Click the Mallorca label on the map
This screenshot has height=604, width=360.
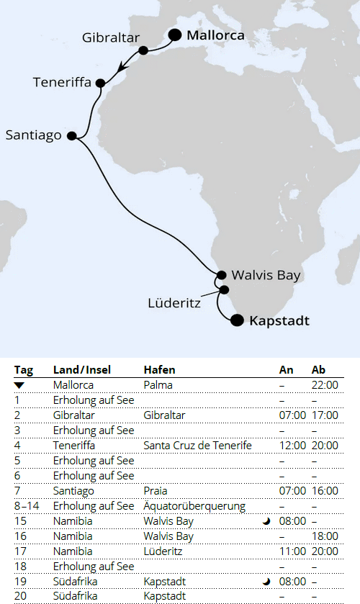[215, 35]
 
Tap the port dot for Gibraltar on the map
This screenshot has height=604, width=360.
[143, 50]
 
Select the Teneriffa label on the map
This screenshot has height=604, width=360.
[62, 82]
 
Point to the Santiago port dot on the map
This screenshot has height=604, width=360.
[71, 135]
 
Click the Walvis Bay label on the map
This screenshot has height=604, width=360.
[266, 275]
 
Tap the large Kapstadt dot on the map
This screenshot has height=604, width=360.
[237, 321]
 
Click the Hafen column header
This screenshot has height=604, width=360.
[159, 369]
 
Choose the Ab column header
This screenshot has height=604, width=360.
[318, 369]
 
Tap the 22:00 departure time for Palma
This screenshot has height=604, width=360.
[324, 385]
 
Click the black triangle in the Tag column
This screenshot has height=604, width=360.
[19, 385]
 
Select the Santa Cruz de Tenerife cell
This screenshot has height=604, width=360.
[197, 446]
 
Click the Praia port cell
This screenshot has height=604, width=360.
[156, 491]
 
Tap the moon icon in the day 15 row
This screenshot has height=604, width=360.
[266, 522]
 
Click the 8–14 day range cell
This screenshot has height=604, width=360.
[27, 506]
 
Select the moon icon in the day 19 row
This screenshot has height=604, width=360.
[266, 582]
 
